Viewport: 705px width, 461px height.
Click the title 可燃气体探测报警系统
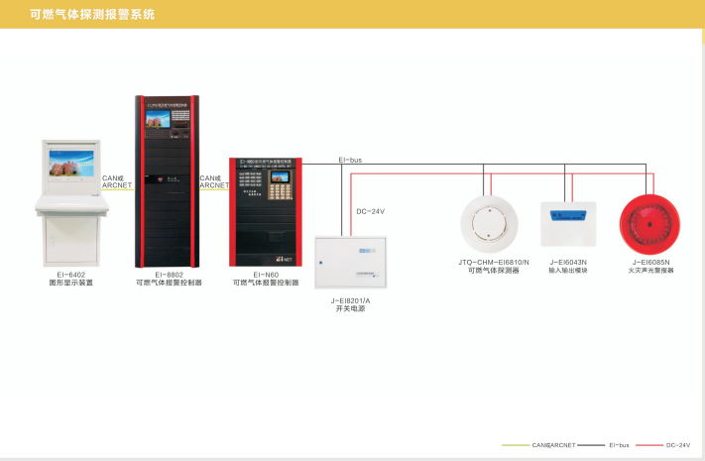point(92,14)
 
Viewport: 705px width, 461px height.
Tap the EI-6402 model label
point(70,275)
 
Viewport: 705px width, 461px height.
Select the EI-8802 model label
point(169,275)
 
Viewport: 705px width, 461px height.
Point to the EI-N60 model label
point(266,275)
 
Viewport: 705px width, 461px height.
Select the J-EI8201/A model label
point(351,299)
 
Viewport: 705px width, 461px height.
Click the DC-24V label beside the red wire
point(369,211)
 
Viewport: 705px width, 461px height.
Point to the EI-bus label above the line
point(350,159)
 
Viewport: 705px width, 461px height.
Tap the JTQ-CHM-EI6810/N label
point(494,262)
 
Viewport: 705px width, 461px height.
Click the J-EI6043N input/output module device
point(568,224)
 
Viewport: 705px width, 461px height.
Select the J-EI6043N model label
point(568,262)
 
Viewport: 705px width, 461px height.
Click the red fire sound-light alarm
point(650,224)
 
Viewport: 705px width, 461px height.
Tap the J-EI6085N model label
point(650,262)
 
